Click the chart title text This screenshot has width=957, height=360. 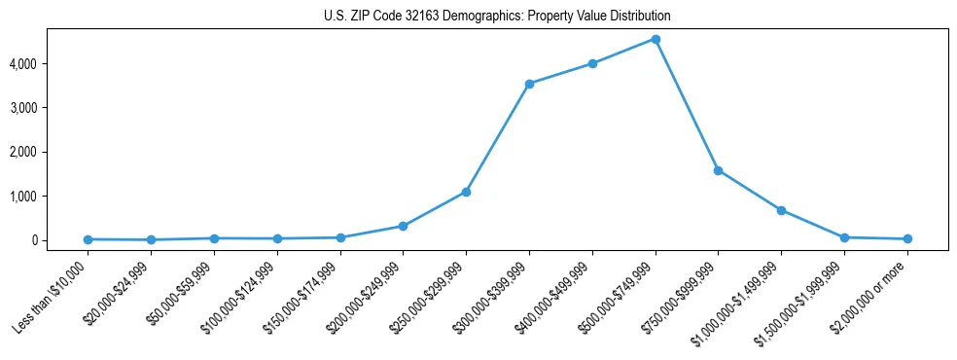pyautogui.click(x=497, y=17)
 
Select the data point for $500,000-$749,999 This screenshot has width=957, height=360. pyautogui.click(x=656, y=39)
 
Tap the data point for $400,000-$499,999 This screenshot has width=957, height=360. pyautogui.click(x=592, y=64)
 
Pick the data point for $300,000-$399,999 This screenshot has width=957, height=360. pyautogui.click(x=529, y=84)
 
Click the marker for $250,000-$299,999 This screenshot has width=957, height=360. pyautogui.click(x=466, y=192)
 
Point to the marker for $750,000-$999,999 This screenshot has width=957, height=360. pyautogui.click(x=718, y=170)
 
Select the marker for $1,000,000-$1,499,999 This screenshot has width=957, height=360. pyautogui.click(x=781, y=210)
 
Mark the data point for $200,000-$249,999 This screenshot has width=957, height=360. pyautogui.click(x=403, y=226)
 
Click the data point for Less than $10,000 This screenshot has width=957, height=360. pyautogui.click(x=89, y=239)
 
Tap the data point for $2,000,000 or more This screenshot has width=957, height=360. pyautogui.click(x=906, y=238)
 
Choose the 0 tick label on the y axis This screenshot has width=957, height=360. pyautogui.click(x=59, y=240)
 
